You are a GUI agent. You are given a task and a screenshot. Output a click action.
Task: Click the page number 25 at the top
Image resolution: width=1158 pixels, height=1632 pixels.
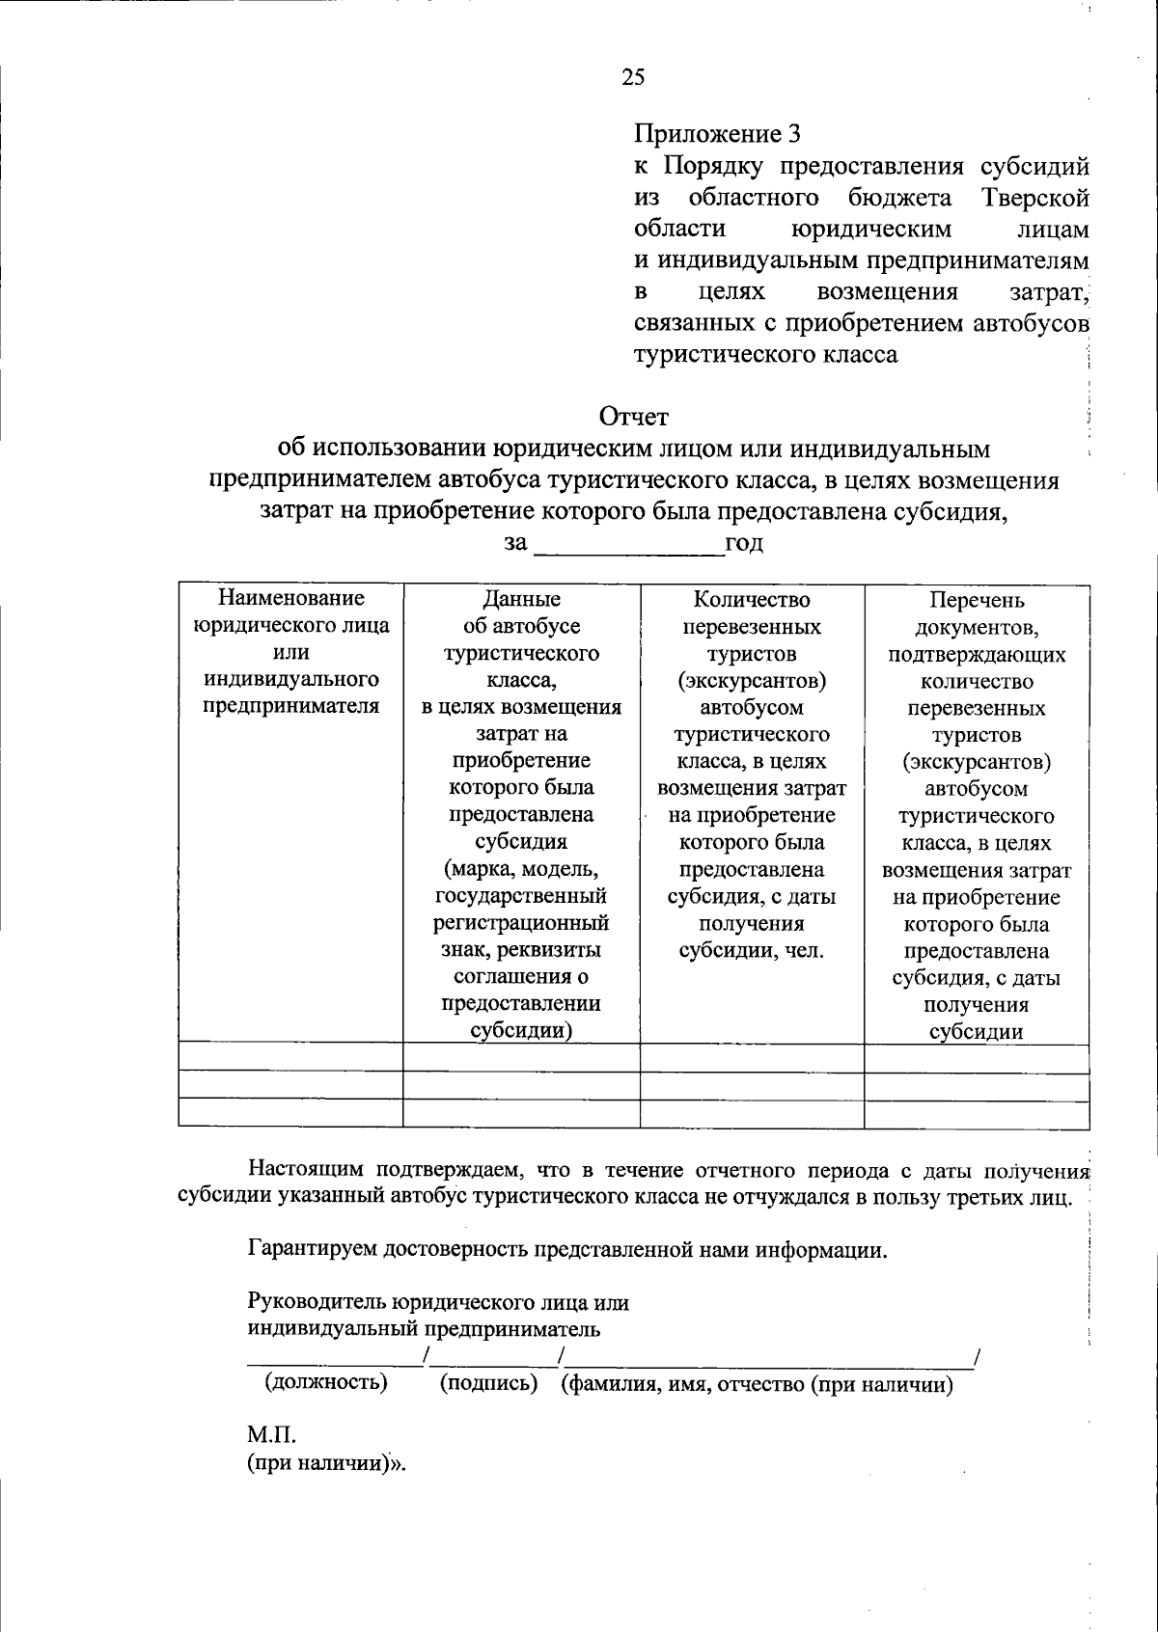point(634,78)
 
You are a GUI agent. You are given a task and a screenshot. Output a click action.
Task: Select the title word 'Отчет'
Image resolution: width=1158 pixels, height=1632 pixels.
point(633,417)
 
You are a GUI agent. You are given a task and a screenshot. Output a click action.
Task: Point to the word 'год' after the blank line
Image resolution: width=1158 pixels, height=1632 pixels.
point(744,544)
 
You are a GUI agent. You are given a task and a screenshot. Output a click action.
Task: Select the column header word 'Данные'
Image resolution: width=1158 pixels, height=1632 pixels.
point(521,599)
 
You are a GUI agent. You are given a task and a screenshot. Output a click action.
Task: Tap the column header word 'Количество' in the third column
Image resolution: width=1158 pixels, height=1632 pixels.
point(752,599)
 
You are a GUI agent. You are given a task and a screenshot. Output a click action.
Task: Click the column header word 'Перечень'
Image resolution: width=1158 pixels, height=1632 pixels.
point(976,600)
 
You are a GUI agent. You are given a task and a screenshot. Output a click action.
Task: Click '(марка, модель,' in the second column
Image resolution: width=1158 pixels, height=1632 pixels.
point(521,868)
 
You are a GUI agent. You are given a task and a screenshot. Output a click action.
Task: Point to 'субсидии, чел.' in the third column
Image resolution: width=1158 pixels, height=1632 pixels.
point(752,950)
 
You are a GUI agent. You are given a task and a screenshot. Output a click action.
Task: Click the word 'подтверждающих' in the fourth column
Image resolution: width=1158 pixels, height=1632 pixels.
point(976,655)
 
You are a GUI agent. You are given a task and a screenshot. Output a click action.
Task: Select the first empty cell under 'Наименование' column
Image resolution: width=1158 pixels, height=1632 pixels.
point(290,1058)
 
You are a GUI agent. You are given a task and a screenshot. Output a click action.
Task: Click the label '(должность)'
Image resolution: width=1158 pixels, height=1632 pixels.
point(326,1383)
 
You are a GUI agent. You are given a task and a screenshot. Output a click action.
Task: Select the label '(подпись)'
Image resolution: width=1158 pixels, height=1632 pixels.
point(488,1383)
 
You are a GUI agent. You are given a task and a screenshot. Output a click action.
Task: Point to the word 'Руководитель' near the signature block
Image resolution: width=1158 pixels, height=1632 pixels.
point(317,1302)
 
